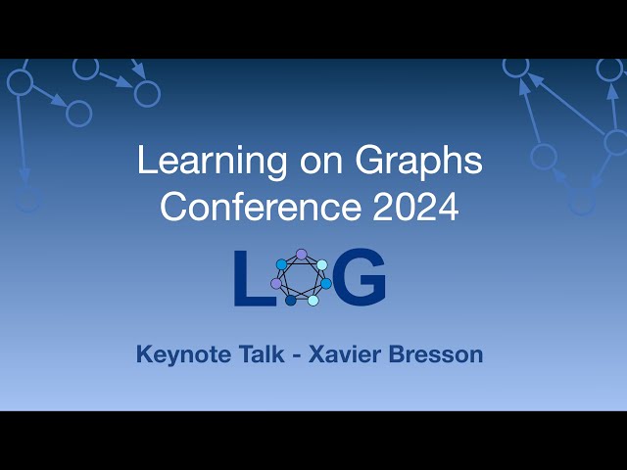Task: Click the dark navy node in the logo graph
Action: pyautogui.click(x=291, y=301)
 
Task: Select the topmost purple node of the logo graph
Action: pyautogui.click(x=302, y=255)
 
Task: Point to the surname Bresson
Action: pyautogui.click(x=438, y=354)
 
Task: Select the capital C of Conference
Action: pyautogui.click(x=173, y=207)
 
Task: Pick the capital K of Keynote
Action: pyautogui.click(x=145, y=354)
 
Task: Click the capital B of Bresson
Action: pyautogui.click(x=399, y=354)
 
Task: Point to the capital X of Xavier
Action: pyautogui.click(x=316, y=354)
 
